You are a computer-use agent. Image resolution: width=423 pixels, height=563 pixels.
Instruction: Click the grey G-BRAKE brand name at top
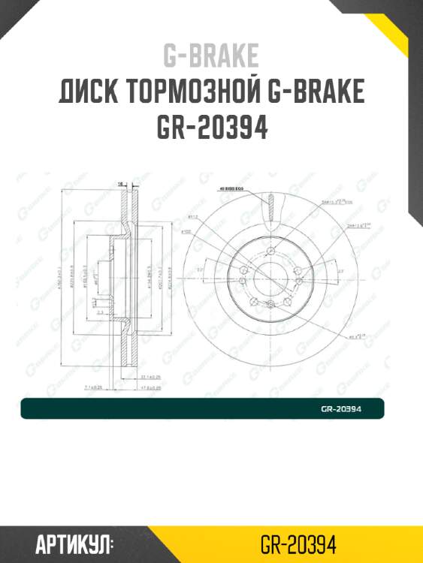coord(211,56)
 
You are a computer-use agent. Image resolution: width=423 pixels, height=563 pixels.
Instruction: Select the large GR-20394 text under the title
coord(211,128)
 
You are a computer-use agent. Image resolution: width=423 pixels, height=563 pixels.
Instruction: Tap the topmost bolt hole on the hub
coord(269,252)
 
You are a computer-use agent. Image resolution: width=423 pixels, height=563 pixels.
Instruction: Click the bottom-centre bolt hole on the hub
coord(269,303)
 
